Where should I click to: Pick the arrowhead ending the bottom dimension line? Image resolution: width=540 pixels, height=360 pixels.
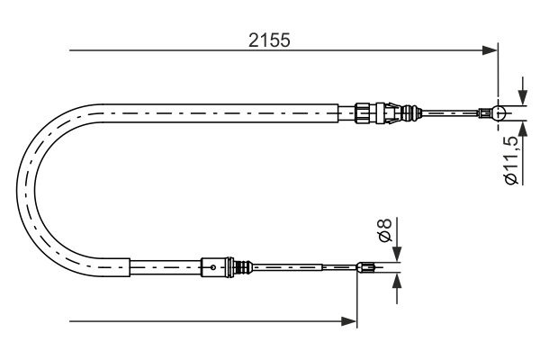[350, 320]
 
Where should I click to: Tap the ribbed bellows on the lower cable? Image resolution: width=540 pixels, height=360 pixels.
[240, 266]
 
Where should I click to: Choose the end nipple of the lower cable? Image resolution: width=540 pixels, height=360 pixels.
[364, 266]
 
